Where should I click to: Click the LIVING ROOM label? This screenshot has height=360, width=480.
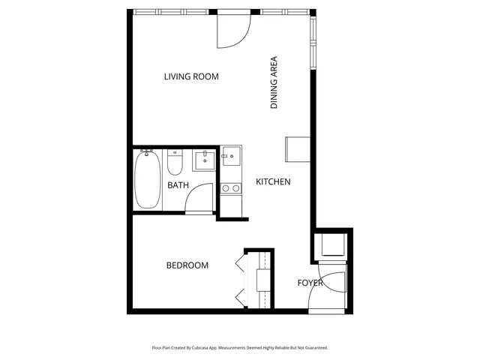tap(191, 76)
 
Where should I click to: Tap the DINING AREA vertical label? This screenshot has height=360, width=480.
tap(274, 83)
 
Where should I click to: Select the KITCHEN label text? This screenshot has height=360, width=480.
tap(273, 182)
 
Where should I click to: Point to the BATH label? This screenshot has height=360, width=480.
tap(178, 185)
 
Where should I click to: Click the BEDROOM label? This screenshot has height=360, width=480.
tap(187, 265)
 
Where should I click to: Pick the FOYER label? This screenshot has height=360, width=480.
tap(310, 283)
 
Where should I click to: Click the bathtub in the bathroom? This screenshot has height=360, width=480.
tap(147, 179)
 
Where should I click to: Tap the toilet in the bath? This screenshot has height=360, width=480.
tap(175, 161)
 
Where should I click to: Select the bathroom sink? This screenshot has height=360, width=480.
tap(204, 160)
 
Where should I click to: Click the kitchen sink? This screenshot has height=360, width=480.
tap(231, 158)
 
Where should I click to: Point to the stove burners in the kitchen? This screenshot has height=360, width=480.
tap(231, 188)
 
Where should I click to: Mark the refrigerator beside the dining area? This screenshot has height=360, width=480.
tap(296, 149)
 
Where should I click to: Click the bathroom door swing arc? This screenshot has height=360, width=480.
tap(201, 198)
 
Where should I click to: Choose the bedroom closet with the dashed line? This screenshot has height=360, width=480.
tap(265, 280)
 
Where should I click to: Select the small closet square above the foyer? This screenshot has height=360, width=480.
tap(330, 245)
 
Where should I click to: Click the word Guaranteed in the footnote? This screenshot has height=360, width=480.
tap(313, 348)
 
